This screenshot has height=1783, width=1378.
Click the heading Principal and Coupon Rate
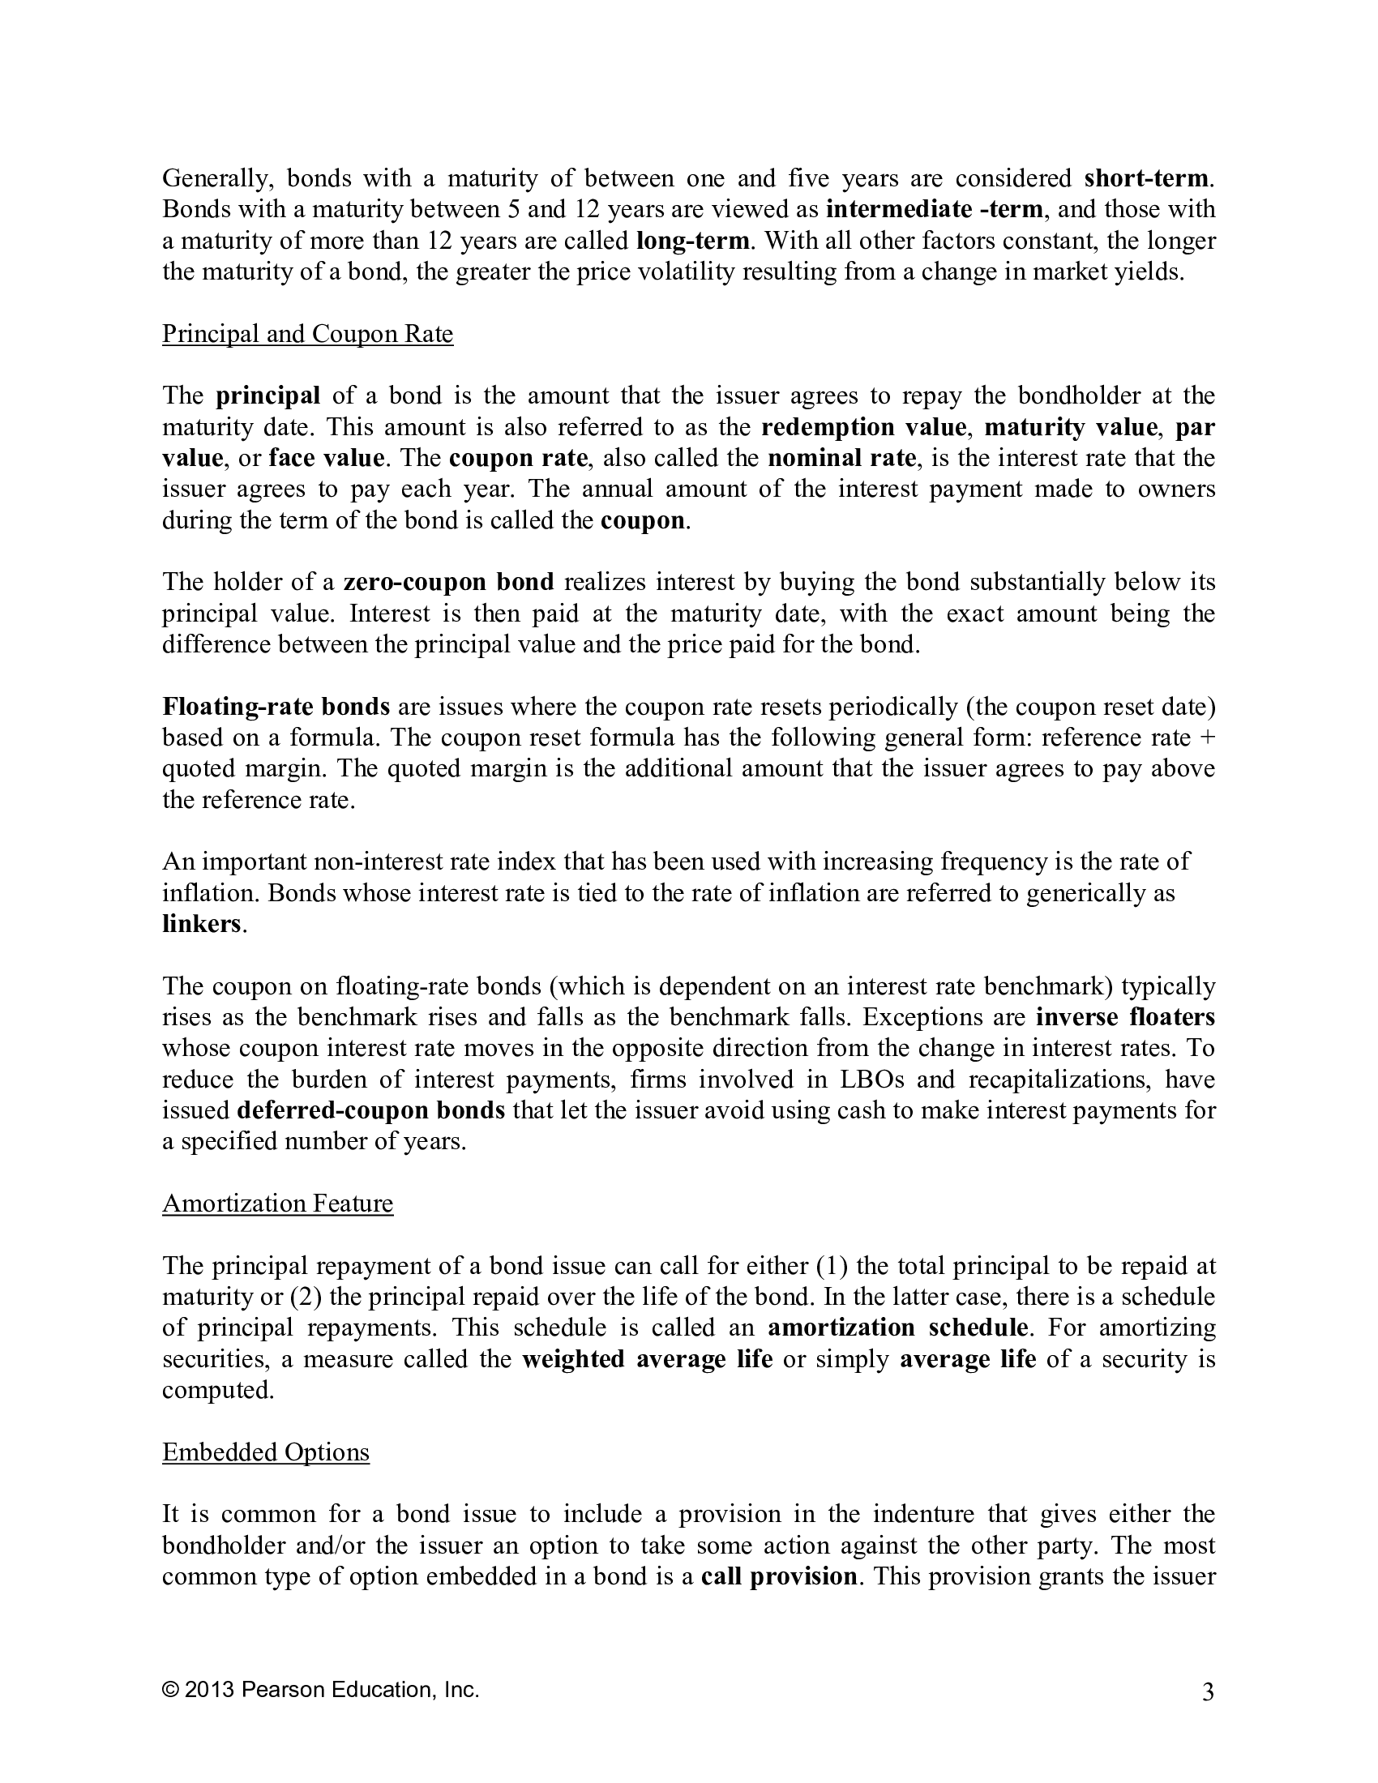tap(307, 334)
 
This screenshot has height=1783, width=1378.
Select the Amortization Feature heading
tap(277, 1204)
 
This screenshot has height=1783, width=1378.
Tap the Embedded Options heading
tap(265, 1452)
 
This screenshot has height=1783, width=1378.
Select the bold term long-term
tap(692, 241)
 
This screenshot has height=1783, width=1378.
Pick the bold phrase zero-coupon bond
tap(448, 582)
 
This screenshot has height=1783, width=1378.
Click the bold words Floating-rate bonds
tap(276, 706)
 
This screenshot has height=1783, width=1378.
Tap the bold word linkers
tap(202, 924)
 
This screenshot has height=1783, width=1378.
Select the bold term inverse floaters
tap(1125, 1017)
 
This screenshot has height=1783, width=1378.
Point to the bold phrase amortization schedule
tap(897, 1328)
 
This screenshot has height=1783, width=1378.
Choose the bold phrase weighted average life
tap(647, 1358)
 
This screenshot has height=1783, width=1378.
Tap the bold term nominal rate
tap(841, 458)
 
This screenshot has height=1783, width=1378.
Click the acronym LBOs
tap(870, 1080)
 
